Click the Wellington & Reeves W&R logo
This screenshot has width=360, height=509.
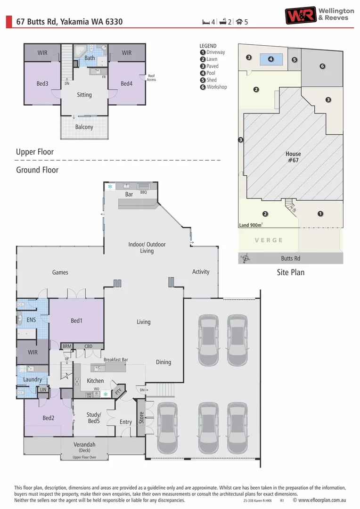click(x=300, y=15)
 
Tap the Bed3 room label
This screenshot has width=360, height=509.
click(x=42, y=83)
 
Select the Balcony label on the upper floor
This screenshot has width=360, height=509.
click(x=84, y=127)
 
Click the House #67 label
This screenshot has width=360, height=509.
click(x=293, y=157)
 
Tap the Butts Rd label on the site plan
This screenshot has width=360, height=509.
click(x=290, y=258)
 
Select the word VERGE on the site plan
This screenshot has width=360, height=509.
click(x=269, y=240)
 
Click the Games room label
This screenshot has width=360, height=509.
click(x=60, y=272)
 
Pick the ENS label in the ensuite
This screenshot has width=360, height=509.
click(x=32, y=320)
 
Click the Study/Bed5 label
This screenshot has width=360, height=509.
click(x=93, y=418)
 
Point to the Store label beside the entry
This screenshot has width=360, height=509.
click(x=141, y=418)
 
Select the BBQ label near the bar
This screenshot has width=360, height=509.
click(x=144, y=192)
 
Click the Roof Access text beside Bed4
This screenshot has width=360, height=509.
click(x=151, y=78)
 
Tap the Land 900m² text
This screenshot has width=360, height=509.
click(x=250, y=225)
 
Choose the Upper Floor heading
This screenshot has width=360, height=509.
click(x=35, y=152)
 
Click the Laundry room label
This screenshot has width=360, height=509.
click(x=33, y=379)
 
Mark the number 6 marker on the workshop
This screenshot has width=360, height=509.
click(x=322, y=66)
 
